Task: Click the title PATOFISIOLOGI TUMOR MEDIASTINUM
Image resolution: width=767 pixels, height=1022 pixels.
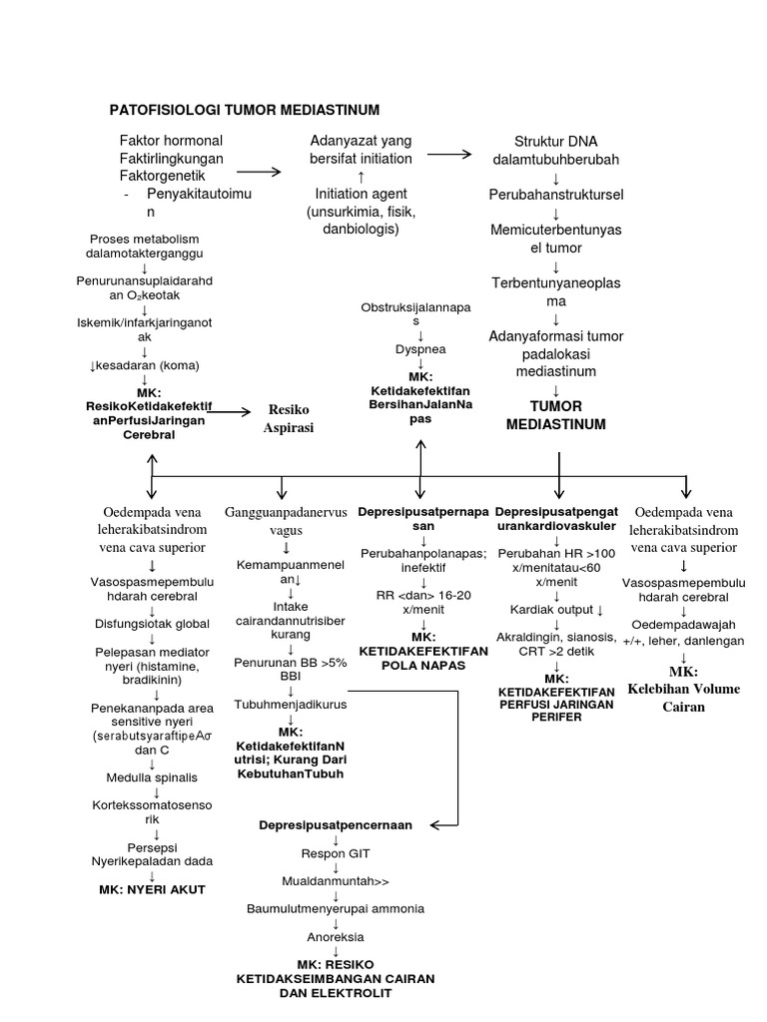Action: coord(244,109)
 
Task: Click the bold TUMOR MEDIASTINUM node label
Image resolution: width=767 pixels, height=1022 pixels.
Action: coord(556,415)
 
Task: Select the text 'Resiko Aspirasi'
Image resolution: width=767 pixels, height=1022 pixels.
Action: coord(290,418)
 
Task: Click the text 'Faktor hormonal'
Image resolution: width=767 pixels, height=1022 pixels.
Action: coord(171,140)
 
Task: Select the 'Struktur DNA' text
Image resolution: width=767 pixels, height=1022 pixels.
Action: coord(555,141)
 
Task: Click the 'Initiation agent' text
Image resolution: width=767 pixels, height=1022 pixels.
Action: coord(361,193)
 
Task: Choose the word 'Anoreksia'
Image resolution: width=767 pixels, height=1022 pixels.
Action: coord(336,937)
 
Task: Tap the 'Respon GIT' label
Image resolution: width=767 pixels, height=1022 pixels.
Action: coord(336,853)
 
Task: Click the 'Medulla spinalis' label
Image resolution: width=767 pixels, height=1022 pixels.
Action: coord(152,777)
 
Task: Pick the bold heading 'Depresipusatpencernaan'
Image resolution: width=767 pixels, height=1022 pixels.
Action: coord(335,825)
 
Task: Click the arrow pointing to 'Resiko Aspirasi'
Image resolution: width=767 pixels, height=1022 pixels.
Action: coord(232,410)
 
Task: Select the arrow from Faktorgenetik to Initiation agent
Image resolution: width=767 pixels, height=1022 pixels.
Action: coord(259,172)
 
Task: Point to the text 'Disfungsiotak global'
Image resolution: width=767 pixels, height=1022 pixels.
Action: coord(152,624)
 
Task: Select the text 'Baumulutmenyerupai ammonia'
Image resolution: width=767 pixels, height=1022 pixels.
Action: coord(336,908)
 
